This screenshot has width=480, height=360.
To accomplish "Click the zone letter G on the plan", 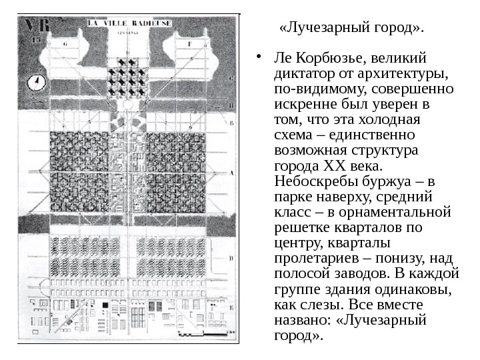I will pos(65,43).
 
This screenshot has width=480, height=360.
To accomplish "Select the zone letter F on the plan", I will pos(189,43).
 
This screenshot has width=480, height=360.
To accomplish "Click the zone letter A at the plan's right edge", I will pos(231,171).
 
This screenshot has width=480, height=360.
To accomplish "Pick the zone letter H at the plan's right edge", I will pos(231,105).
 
